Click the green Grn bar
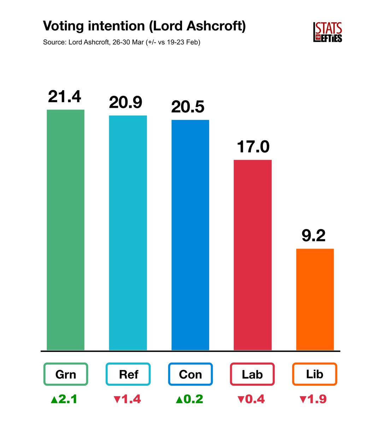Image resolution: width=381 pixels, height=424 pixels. tap(65, 230)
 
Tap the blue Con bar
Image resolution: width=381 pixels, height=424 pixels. tap(190, 235)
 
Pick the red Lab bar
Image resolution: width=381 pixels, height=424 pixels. tap(252, 255)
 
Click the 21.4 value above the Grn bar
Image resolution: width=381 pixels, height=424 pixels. tap(65, 96)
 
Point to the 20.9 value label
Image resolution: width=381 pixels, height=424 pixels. tap(126, 102)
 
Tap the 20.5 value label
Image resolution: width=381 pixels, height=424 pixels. tap(188, 107)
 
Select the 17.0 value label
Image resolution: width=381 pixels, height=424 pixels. tap(253, 147)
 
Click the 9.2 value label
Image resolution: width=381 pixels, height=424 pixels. tap(313, 236)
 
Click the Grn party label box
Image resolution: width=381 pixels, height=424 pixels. tap(65, 374)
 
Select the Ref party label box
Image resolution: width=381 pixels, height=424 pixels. tap(128, 374)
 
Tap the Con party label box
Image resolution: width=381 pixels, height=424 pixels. tap(190, 374)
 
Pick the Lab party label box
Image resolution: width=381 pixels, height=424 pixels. tap(252, 374)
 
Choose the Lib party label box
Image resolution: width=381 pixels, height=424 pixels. tap(315, 374)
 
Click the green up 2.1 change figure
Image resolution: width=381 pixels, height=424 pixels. tap(64, 399)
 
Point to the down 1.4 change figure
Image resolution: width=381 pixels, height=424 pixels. tap(127, 399)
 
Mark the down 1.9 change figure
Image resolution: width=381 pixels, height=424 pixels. tap(313, 399)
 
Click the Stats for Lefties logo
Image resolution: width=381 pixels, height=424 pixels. tap(328, 33)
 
